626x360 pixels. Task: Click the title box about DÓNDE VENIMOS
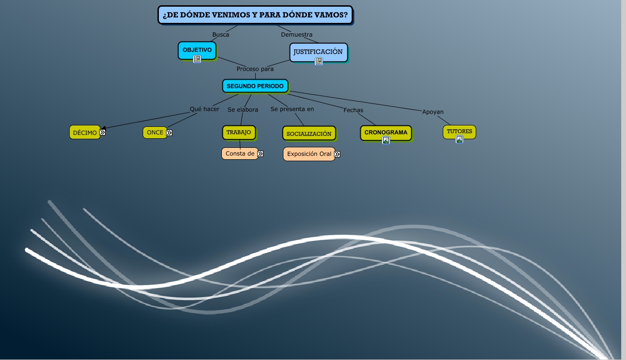coord(255,15)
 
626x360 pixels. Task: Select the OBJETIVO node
coord(197,50)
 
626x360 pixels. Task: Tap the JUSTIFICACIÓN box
coord(318,51)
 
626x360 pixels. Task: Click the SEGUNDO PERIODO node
coord(255,86)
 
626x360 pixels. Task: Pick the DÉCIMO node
coord(84,133)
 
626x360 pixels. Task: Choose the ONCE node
coord(155,133)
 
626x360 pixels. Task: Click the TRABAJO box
coord(239,132)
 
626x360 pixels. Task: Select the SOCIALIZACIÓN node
coord(309,134)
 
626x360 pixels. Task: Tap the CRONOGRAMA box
coord(386,132)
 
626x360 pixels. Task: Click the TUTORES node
coord(459,131)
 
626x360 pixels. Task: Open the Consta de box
coord(240,154)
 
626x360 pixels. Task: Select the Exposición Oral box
coord(309,154)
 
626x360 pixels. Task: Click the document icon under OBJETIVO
coord(197,59)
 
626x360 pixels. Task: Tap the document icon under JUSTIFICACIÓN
coord(319,61)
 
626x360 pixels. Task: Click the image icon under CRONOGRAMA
coord(386,140)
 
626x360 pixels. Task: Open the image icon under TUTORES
coord(459,139)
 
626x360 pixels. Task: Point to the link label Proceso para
coord(255,69)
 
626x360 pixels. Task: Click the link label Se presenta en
coord(292,109)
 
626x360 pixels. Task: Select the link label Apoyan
coord(433,112)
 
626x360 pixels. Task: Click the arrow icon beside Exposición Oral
coord(337,154)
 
